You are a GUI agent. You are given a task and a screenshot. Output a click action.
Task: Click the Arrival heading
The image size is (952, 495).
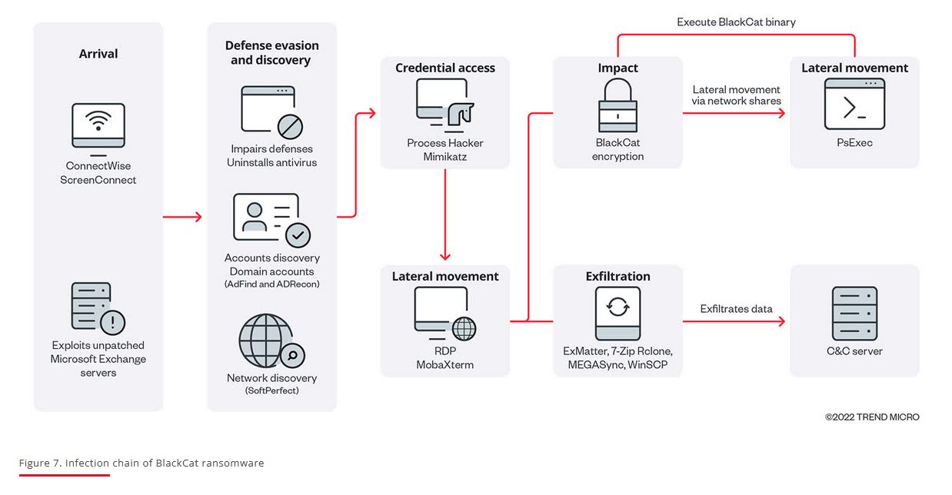point(98,54)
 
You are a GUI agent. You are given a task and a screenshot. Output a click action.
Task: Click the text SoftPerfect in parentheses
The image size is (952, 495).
point(271,390)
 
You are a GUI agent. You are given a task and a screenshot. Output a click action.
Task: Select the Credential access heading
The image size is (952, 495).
point(445,68)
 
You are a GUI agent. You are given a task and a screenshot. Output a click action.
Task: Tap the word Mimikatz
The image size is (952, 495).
point(445,157)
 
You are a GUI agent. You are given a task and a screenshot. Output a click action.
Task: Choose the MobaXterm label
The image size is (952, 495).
point(445,364)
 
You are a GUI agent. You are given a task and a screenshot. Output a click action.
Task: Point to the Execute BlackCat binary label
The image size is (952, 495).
point(736,22)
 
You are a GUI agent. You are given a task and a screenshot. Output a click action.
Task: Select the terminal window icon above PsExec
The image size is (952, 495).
point(854,105)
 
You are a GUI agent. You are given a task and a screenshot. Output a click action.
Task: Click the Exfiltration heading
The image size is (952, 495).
point(617,277)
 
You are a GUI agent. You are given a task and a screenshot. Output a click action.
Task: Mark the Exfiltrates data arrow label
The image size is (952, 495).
point(736,309)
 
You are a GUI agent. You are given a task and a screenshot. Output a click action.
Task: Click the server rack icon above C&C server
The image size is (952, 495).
point(854,314)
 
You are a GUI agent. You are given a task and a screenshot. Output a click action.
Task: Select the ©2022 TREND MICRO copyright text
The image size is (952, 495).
point(872,417)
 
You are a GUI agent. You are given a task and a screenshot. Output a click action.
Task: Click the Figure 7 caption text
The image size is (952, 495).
point(141,463)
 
